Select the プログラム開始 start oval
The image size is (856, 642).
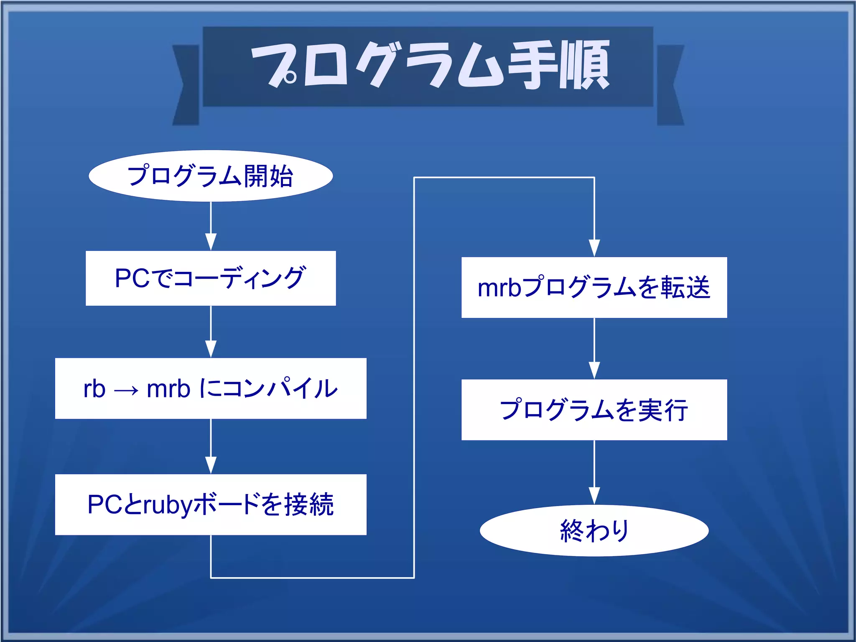point(211,176)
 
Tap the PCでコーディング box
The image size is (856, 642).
point(211,278)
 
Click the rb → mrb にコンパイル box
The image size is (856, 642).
point(211,388)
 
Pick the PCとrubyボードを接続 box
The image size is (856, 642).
point(211,504)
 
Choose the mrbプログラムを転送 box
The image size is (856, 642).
point(594,287)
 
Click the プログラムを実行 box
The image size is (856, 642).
point(594,409)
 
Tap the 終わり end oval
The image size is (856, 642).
point(594,530)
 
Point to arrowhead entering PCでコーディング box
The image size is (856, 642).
point(211,242)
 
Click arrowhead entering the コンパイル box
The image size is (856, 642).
point(211,349)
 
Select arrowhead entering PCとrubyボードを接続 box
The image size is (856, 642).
point(211,466)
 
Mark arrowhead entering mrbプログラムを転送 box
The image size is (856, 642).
point(594,248)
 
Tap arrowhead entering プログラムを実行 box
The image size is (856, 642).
point(594,371)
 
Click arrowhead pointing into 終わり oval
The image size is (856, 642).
point(594,496)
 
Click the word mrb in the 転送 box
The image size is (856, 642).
point(499,288)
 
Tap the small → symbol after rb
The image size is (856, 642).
point(126,391)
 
